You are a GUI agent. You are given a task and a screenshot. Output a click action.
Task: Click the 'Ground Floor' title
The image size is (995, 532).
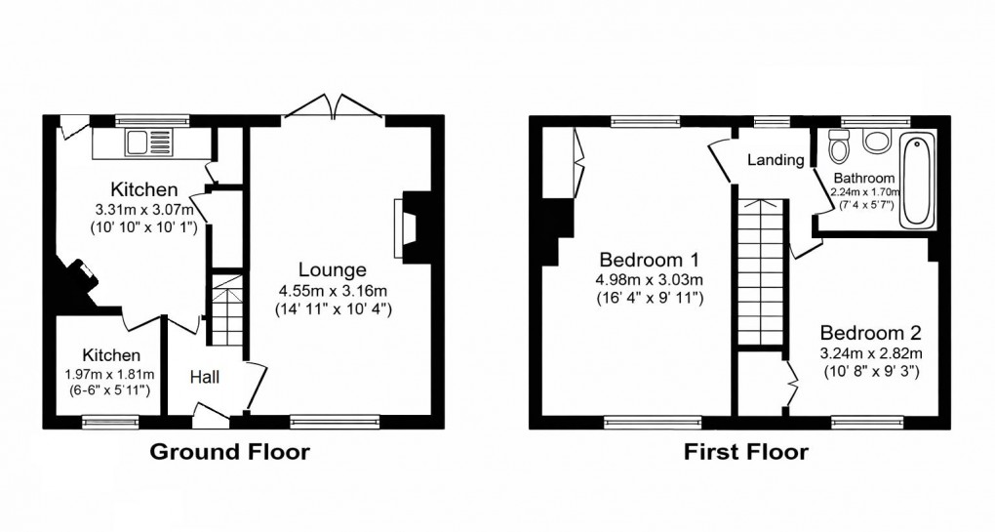228,452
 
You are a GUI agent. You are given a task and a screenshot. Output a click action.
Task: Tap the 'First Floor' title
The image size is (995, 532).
745,452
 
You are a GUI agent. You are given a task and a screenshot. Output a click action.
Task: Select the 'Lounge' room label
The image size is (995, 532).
333,269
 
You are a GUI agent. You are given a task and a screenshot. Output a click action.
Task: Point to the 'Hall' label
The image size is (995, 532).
205,377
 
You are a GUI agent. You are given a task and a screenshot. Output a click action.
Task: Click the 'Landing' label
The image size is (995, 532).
776,160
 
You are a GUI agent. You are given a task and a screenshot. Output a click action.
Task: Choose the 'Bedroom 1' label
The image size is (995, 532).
650,261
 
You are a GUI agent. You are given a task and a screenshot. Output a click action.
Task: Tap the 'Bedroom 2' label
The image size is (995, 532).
870,332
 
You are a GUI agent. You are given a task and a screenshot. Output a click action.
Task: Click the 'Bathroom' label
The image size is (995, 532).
863,179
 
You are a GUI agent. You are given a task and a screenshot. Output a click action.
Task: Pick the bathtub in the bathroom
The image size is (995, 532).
918,182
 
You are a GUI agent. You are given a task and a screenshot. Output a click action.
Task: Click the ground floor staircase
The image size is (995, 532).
226,309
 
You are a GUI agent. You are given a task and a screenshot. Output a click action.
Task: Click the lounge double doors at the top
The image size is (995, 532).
332,106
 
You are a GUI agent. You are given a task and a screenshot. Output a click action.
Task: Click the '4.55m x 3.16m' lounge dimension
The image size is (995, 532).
332,290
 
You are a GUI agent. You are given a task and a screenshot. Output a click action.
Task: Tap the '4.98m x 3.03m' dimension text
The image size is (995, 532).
650,281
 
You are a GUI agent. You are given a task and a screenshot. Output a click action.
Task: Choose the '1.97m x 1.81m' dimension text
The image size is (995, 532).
110,373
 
